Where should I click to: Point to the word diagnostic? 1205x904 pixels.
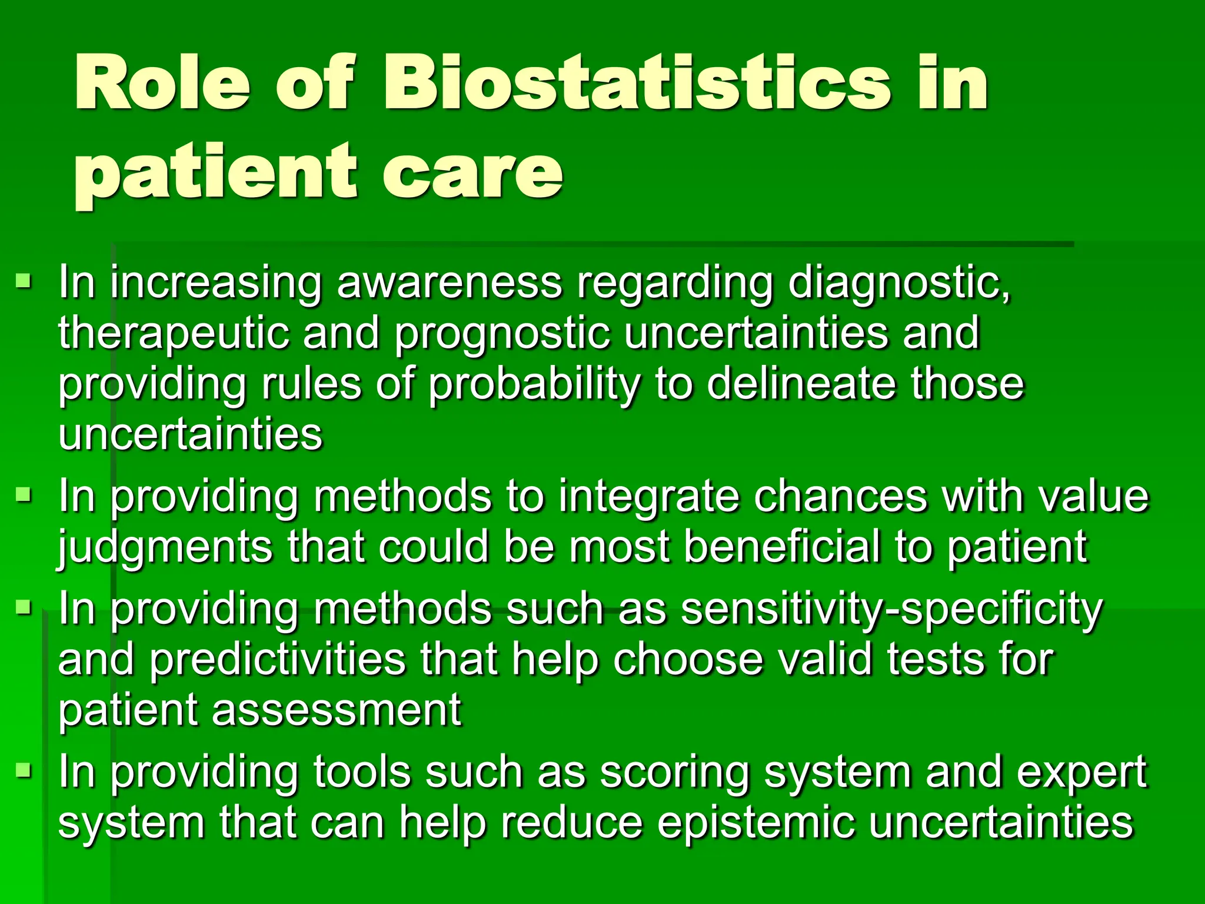click(898, 284)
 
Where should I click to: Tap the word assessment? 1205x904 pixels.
click(336, 710)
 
